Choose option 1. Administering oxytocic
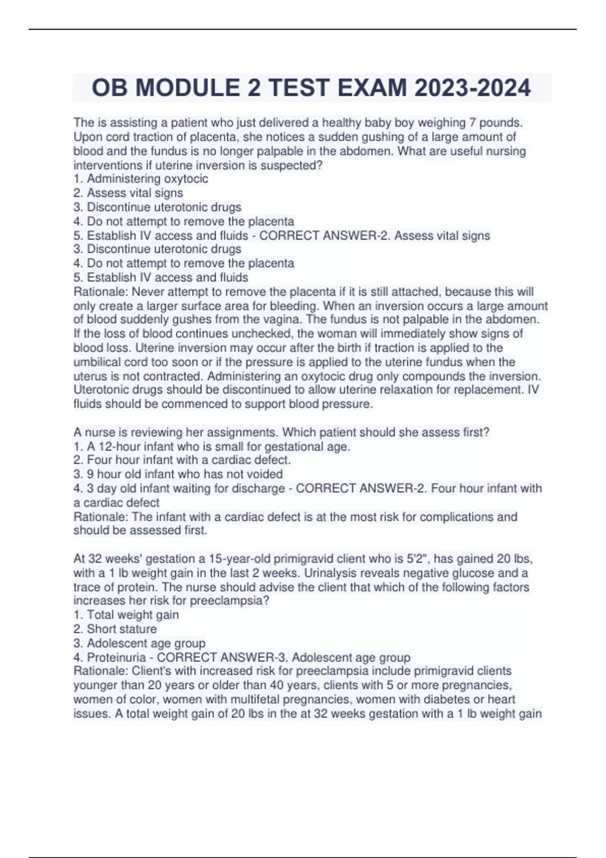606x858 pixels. [x=140, y=179]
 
